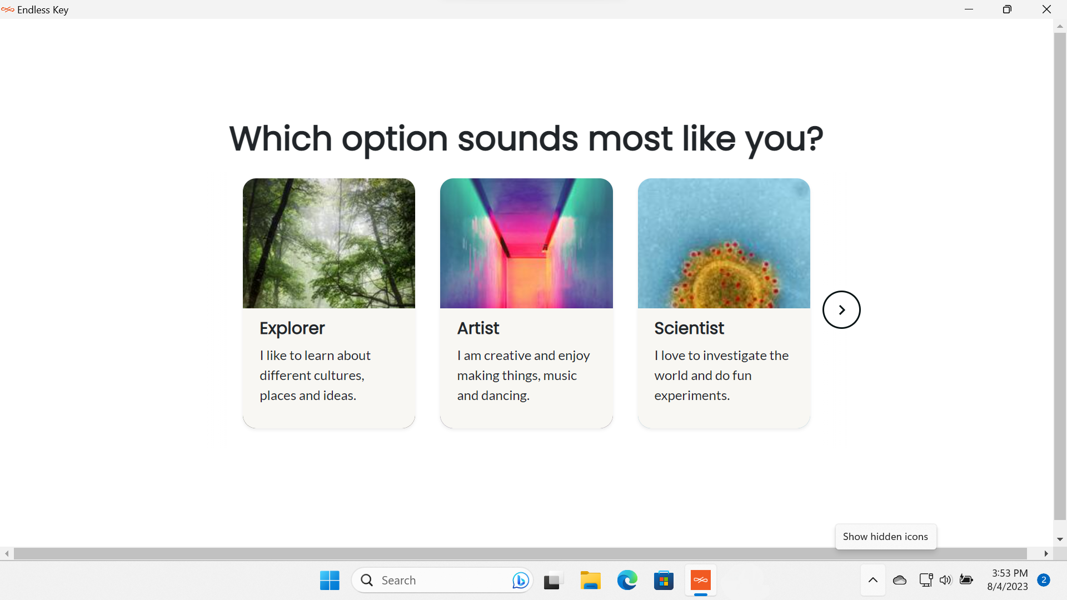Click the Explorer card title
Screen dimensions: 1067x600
click(292, 328)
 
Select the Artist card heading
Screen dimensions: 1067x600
click(478, 328)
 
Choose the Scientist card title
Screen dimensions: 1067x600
click(689, 328)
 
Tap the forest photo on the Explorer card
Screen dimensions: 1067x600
click(329, 243)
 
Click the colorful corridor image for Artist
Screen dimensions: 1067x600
click(526, 243)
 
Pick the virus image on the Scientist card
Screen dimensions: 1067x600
click(724, 243)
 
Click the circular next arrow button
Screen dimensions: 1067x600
click(841, 310)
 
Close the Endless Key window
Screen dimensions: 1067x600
click(1046, 9)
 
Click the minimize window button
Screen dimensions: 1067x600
click(969, 9)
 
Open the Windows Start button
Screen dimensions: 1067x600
click(330, 581)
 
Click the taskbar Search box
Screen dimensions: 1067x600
click(442, 581)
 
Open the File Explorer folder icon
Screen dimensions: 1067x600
click(590, 581)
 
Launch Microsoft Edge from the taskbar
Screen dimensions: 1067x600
click(627, 581)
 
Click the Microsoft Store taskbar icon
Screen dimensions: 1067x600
click(664, 581)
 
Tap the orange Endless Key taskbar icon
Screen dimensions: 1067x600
click(701, 581)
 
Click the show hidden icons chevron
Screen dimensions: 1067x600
click(873, 581)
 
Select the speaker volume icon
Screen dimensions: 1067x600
click(945, 581)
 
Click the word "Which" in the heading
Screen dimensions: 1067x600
click(281, 138)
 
